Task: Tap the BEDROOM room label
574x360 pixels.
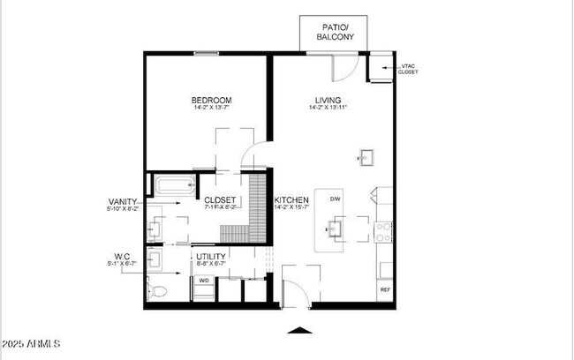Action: point(212,100)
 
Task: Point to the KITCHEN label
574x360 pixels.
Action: point(291,201)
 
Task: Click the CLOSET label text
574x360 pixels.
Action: point(220,199)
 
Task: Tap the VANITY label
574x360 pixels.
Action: point(122,201)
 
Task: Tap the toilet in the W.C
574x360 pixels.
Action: point(157,290)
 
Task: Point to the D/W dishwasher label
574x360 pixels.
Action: point(336,199)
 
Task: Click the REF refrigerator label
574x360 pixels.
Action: point(385,289)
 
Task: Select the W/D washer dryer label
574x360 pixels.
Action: point(204,281)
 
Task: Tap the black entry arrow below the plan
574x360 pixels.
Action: point(300,331)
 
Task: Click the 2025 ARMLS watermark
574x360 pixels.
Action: point(32,342)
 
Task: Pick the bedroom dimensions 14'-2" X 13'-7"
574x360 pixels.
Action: point(212,109)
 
